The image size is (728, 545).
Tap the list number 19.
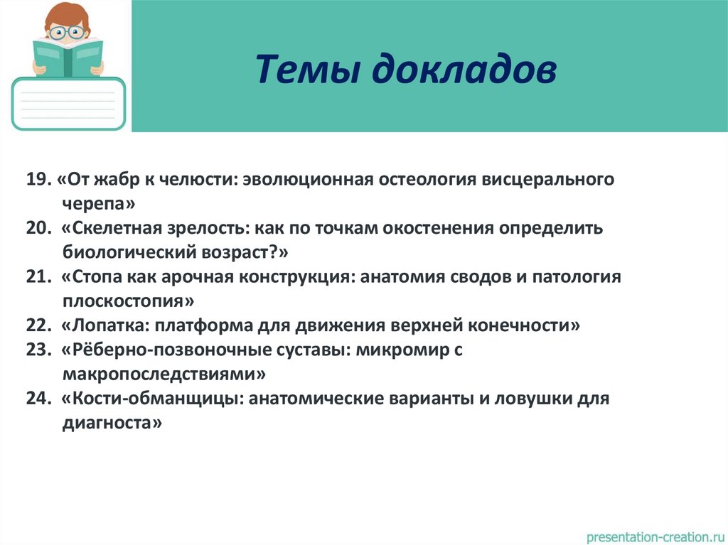36,179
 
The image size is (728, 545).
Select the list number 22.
38,326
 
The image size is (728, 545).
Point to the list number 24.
38,399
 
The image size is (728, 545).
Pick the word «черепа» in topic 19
98,203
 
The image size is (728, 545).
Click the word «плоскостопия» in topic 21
127,301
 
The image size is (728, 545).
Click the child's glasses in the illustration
68,31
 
